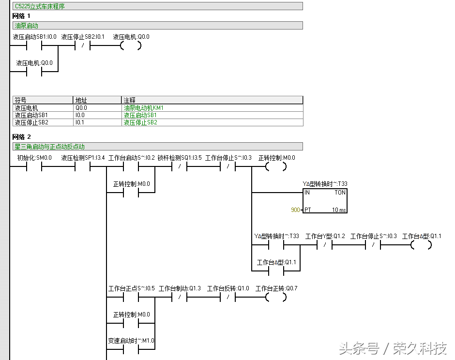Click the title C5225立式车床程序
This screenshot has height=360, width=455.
click(40, 6)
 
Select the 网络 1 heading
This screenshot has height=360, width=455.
click(21, 16)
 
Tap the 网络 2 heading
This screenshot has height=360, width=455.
click(21, 137)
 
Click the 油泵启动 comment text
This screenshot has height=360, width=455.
click(27, 26)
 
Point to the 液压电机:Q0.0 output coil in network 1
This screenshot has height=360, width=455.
click(131, 46)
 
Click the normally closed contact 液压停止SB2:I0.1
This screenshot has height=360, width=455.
click(82, 46)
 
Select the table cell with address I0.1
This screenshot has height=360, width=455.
click(80, 122)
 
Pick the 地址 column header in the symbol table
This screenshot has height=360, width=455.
click(81, 100)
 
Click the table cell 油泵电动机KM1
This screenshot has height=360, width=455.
click(143, 108)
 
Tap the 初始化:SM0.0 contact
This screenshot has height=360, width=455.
click(34, 166)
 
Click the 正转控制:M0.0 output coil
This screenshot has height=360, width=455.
click(276, 166)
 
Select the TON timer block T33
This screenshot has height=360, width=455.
click(325, 201)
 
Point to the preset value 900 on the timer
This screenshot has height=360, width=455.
click(295, 210)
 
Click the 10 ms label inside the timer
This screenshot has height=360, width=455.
click(339, 210)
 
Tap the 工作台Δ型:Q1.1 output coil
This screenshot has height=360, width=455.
click(421, 245)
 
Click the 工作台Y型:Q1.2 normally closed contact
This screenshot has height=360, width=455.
click(324, 245)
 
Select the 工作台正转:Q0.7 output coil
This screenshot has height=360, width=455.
click(276, 297)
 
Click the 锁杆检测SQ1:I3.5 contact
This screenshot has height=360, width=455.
click(179, 166)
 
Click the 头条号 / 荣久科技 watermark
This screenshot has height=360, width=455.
click(393, 348)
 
